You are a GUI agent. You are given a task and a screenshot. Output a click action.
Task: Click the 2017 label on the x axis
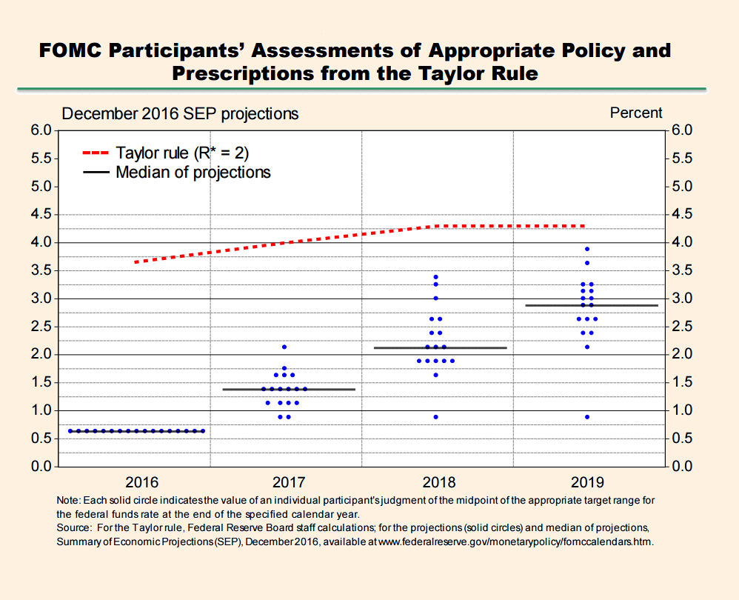tap(284, 481)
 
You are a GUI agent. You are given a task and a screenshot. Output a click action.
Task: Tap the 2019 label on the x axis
tap(587, 481)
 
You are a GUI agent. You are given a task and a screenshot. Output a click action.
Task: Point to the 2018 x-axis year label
tap(435, 481)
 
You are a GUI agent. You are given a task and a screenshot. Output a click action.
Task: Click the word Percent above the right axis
tap(636, 113)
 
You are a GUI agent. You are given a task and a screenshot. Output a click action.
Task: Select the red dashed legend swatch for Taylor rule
tap(96, 153)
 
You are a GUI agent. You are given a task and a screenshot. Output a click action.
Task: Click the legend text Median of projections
tap(193, 173)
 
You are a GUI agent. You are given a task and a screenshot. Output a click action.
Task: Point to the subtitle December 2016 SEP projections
tap(180, 113)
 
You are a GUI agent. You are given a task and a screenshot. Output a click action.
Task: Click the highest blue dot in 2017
tap(284, 347)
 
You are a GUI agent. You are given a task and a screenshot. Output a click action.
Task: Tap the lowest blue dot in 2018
tap(435, 417)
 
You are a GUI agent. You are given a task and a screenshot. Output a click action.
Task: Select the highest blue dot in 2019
tap(587, 249)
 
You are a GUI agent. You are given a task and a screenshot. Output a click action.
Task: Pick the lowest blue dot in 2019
tap(587, 417)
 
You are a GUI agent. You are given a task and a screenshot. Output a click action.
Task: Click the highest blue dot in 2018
tap(435, 277)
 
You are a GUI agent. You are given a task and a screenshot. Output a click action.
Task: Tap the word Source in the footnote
tap(72, 528)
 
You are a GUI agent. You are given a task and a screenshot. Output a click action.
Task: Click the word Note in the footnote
tap(69, 500)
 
